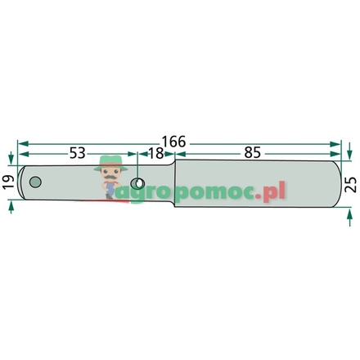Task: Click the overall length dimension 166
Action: [173, 142]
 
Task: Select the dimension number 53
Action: [78, 153]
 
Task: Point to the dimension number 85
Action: [254, 153]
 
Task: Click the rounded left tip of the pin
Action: [25, 182]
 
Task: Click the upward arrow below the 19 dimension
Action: [11, 205]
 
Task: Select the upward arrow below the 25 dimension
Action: [349, 210]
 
